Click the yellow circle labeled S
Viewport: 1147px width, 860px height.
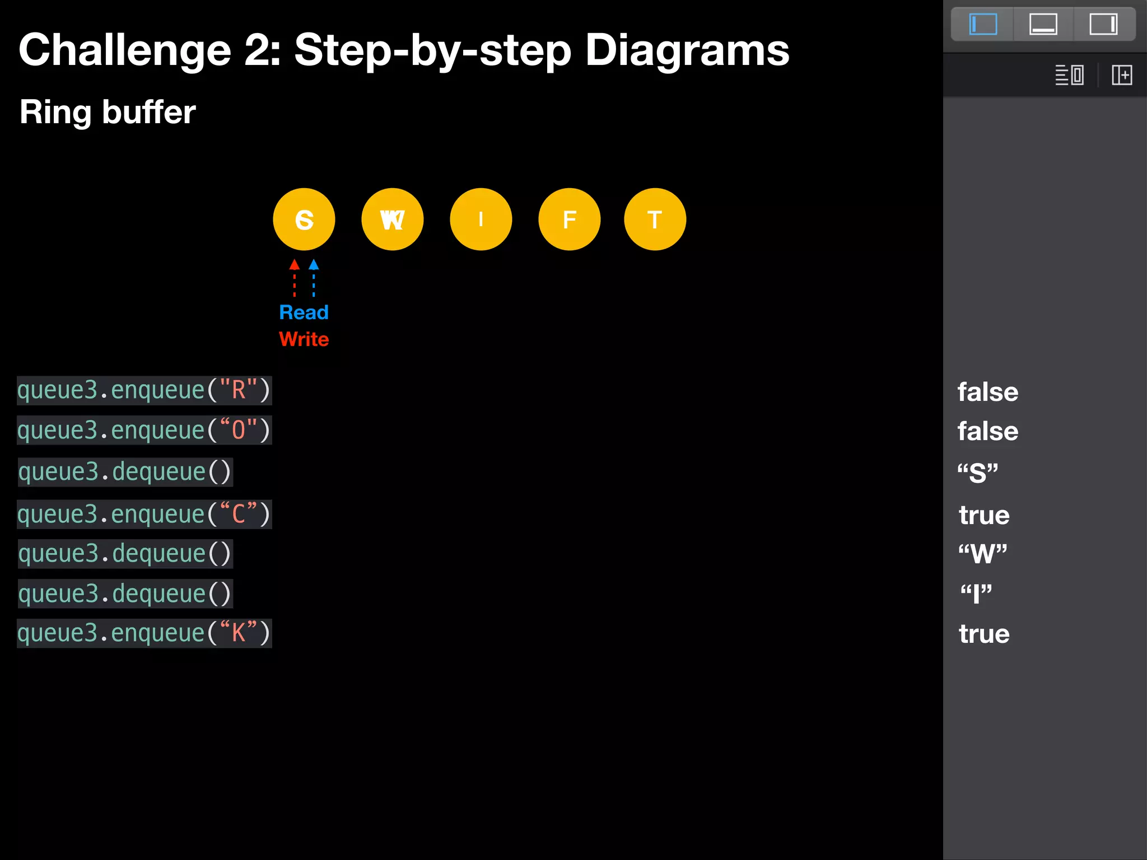tap(304, 219)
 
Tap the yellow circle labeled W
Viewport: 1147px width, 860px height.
tap(392, 219)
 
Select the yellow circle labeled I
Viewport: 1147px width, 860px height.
tap(481, 219)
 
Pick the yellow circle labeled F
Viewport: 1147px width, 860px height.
tap(569, 219)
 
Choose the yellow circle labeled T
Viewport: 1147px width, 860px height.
tap(655, 219)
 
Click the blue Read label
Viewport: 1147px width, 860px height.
tap(304, 312)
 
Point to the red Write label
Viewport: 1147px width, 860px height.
tap(304, 339)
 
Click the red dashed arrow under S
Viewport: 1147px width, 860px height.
tap(295, 278)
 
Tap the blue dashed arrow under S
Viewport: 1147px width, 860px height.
tap(314, 278)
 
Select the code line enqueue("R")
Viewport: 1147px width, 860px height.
tap(144, 390)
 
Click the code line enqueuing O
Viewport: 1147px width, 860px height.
tap(144, 430)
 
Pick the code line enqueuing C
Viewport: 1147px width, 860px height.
tap(144, 514)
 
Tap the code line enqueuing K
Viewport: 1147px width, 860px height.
tap(144, 633)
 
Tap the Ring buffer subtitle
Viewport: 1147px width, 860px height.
tap(108, 112)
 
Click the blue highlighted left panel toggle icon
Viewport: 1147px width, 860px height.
tap(983, 25)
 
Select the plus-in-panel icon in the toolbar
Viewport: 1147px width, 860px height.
tap(1122, 75)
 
